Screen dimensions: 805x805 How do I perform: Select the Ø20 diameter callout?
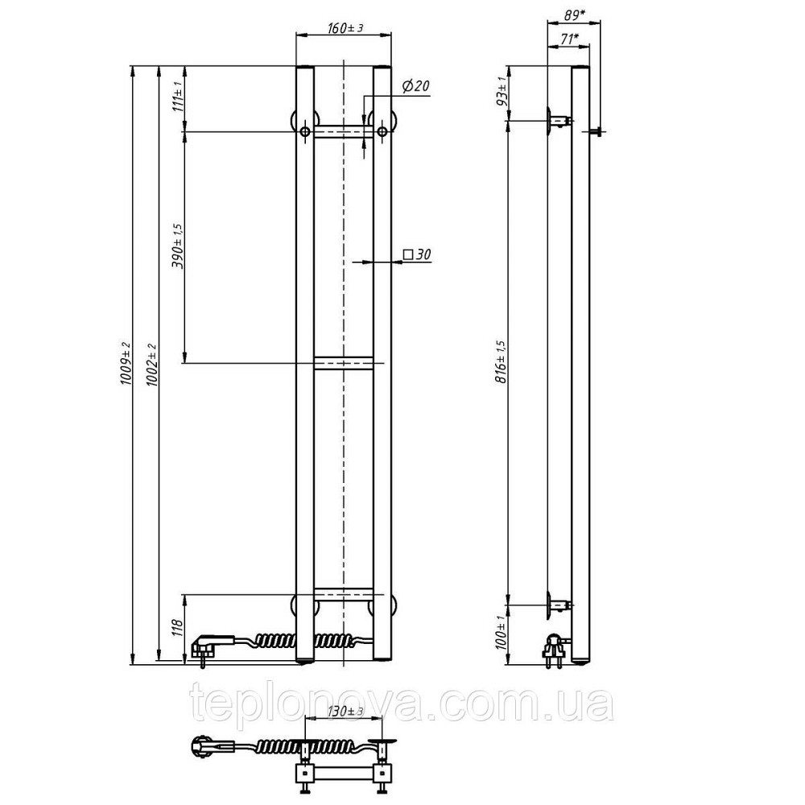pyautogui.click(x=415, y=86)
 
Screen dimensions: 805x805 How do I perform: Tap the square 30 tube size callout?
pyautogui.click(x=417, y=254)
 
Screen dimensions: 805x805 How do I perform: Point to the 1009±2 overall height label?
pyautogui.click(x=126, y=365)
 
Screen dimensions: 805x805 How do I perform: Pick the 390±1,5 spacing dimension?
pyautogui.click(x=178, y=246)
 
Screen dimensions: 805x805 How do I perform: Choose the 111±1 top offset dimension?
pyautogui.click(x=178, y=97)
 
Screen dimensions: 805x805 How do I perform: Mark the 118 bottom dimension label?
pyautogui.click(x=178, y=627)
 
